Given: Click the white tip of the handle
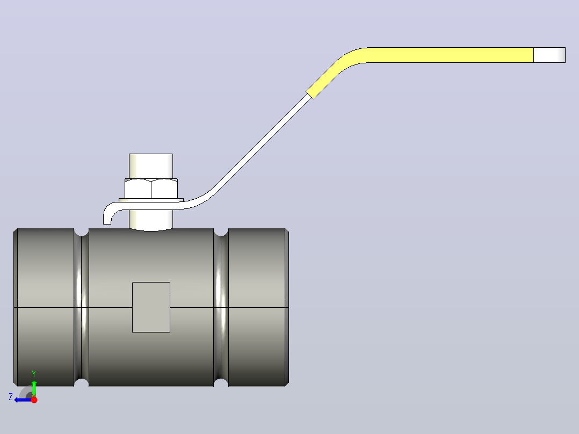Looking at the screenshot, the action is pyautogui.click(x=549, y=55).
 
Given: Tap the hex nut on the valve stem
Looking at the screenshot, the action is pyautogui.click(x=151, y=189).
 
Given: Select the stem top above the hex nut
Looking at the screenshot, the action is pyautogui.click(x=150, y=166).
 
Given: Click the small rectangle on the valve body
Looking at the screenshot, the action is pyautogui.click(x=151, y=307).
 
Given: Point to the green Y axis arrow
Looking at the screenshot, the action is pyautogui.click(x=34, y=388).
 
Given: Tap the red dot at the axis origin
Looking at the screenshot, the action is pyautogui.click(x=34, y=400).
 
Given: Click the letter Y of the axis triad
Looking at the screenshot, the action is pyautogui.click(x=34, y=373).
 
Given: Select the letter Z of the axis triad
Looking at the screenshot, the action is pyautogui.click(x=11, y=397).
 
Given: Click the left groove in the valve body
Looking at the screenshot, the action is pyautogui.click(x=81, y=307).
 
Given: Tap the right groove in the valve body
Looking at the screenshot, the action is pyautogui.click(x=221, y=307).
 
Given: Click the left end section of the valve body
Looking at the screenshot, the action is pyautogui.click(x=44, y=307).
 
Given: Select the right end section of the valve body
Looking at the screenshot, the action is pyautogui.click(x=258, y=307).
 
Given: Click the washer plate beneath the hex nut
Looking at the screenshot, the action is pyautogui.click(x=151, y=200).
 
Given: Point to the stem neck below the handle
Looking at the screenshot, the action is pyautogui.click(x=150, y=220).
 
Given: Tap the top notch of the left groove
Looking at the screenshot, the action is pyautogui.click(x=81, y=232).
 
